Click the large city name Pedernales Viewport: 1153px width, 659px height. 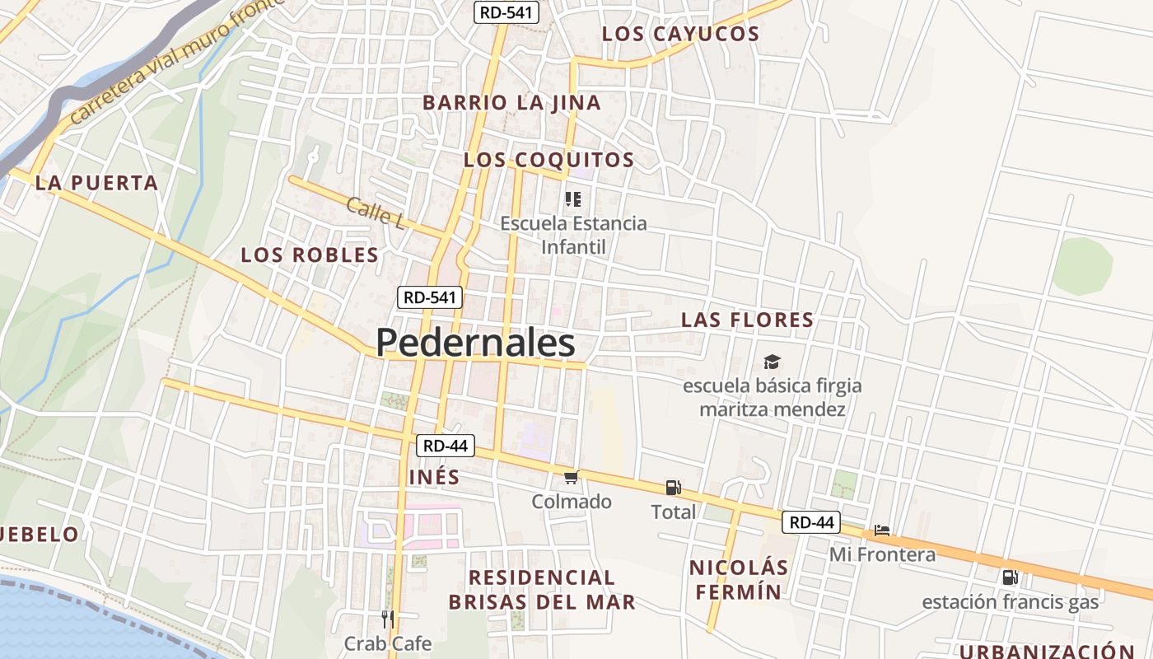pyautogui.click(x=475, y=343)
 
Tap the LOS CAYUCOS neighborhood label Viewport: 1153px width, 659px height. pyautogui.click(x=680, y=34)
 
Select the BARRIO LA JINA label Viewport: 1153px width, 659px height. pyautogui.click(x=511, y=103)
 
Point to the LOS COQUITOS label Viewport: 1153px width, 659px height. pyautogui.click(x=548, y=160)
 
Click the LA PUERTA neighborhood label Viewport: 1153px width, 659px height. pyautogui.click(x=96, y=183)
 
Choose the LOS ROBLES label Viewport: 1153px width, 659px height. pyautogui.click(x=310, y=255)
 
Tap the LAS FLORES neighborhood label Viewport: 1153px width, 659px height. pyautogui.click(x=747, y=320)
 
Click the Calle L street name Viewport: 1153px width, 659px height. pyautogui.click(x=376, y=213)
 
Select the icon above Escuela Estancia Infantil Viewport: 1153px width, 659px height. pyautogui.click(x=573, y=199)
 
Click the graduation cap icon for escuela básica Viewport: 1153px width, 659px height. pyautogui.click(x=772, y=362)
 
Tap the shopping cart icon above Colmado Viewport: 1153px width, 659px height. pyautogui.click(x=571, y=477)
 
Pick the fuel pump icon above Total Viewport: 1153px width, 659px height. pyautogui.click(x=673, y=488)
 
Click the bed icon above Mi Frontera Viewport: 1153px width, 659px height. pyautogui.click(x=882, y=530)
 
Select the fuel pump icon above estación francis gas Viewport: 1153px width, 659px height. pyautogui.click(x=1010, y=577)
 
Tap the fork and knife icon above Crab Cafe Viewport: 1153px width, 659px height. pyautogui.click(x=388, y=619)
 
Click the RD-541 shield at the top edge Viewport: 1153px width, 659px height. pyautogui.click(x=506, y=12)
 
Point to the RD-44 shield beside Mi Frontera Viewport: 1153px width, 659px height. pyautogui.click(x=812, y=522)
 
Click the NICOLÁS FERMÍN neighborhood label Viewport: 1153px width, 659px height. pyautogui.click(x=738, y=580)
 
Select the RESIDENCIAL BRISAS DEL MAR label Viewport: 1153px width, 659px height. pyautogui.click(x=542, y=590)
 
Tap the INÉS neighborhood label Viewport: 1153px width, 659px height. pyautogui.click(x=434, y=478)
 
